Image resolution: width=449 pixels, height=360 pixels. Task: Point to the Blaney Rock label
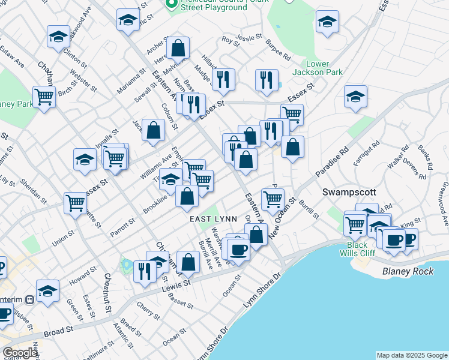tap(408, 272)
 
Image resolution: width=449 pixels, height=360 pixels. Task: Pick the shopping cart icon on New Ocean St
tap(273, 198)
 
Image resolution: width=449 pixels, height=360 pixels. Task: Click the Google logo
tap(20, 353)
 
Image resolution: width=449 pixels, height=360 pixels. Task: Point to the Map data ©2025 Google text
tap(412, 355)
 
